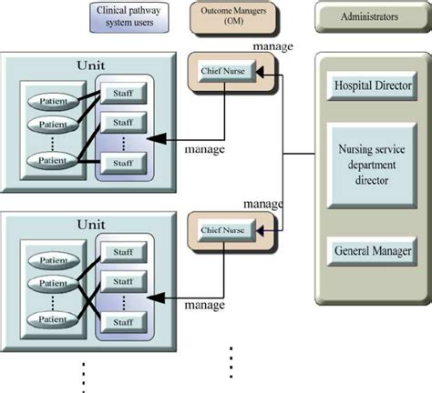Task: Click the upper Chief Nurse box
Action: pos(224,72)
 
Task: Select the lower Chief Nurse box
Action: pos(224,231)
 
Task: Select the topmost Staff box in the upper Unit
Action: pos(123,95)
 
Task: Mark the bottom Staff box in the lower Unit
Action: pos(123,321)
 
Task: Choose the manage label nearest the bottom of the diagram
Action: pos(204,307)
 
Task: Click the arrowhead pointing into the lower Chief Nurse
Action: pos(262,231)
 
